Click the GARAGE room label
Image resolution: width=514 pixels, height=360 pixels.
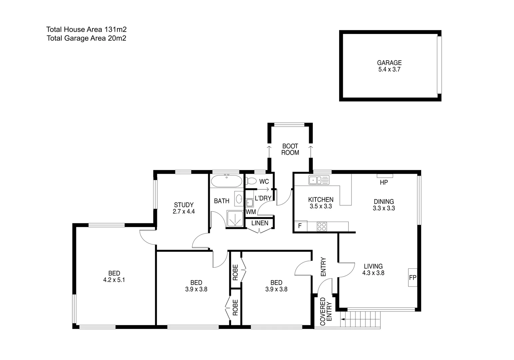(389, 63)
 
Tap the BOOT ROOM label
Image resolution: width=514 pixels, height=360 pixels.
(290, 149)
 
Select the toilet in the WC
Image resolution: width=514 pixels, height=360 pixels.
(251, 181)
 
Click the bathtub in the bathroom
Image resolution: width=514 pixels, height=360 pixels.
(227, 181)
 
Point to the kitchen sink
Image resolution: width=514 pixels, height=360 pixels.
(319, 180)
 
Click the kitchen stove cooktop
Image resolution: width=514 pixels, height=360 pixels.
(322, 227)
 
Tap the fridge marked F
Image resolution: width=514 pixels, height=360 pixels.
(300, 226)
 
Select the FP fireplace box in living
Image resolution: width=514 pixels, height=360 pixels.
(413, 277)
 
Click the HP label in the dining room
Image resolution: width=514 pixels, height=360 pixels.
(384, 183)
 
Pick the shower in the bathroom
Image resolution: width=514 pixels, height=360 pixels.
(235, 219)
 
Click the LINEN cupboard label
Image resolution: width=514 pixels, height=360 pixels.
(260, 223)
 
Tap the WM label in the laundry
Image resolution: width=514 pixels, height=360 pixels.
(251, 212)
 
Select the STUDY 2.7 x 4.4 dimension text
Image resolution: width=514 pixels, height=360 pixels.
(184, 211)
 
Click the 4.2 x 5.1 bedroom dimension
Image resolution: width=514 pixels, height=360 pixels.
(114, 280)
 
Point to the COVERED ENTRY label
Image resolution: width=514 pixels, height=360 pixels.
(326, 312)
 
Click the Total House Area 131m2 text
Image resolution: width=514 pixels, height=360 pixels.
(86, 29)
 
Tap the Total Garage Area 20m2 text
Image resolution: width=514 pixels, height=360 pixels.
(86, 38)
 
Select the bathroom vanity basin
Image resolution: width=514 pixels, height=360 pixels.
(239, 199)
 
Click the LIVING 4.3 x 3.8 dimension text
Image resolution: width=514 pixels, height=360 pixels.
(373, 273)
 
